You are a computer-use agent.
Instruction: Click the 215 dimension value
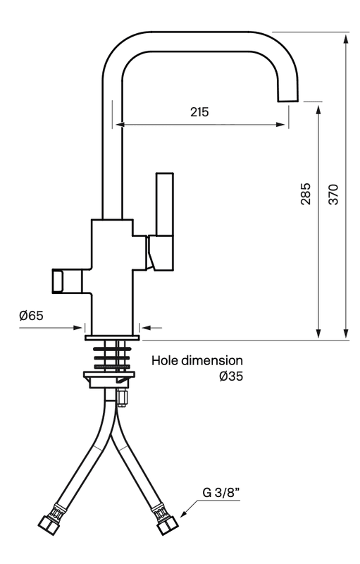click(x=199, y=112)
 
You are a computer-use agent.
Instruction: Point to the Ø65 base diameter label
click(x=31, y=315)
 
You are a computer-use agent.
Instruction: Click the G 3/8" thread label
click(x=222, y=493)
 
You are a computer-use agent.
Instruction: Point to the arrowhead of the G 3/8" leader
click(x=185, y=514)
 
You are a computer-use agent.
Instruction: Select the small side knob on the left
click(x=59, y=280)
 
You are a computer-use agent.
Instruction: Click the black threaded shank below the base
click(x=112, y=356)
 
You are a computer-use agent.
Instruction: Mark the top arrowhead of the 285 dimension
click(x=319, y=107)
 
